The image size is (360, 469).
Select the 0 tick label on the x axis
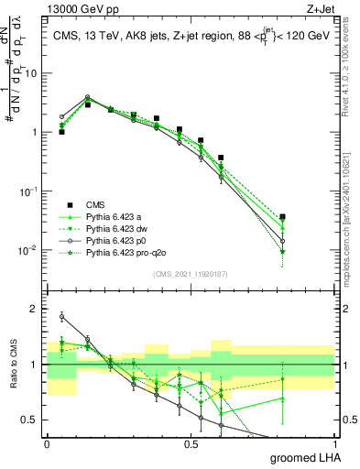point(47,444)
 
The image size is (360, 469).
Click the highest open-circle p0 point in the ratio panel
point(61,317)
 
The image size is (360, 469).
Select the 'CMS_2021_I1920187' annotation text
point(190,273)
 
